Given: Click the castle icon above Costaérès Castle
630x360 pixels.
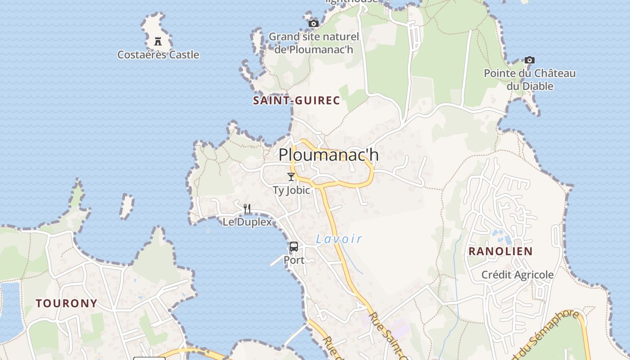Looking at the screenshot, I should coord(158,41).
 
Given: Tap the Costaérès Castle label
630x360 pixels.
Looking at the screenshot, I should coord(158,55).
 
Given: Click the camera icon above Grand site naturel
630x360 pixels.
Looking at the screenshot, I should coord(314,23).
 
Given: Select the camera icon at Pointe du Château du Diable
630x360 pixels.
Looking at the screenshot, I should coord(530,60).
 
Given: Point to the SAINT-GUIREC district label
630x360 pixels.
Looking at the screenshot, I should coord(296,100).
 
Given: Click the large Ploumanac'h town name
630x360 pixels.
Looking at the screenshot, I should coord(328,155).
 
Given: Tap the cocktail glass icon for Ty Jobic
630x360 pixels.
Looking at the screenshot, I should coord(291,177).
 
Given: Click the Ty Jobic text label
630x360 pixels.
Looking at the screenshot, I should coord(292,190).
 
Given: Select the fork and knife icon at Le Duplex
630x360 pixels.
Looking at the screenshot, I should coord(247,208).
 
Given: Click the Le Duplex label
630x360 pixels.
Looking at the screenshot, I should coord(247,222).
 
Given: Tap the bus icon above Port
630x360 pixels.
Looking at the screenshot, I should coord(294,247).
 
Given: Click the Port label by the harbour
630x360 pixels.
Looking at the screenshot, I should coord(294,260).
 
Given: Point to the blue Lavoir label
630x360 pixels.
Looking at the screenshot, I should coord(339,239).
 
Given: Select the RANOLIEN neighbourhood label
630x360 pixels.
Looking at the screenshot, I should coord(500,251).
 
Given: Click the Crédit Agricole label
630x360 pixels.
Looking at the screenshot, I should coord(517,274).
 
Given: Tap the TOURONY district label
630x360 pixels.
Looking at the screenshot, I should coord(67,303).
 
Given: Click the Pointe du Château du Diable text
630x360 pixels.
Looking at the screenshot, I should coord(530,79).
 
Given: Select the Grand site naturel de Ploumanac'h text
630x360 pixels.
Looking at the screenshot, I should coord(314,43).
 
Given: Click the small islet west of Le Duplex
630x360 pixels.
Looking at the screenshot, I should coord(127,206).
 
